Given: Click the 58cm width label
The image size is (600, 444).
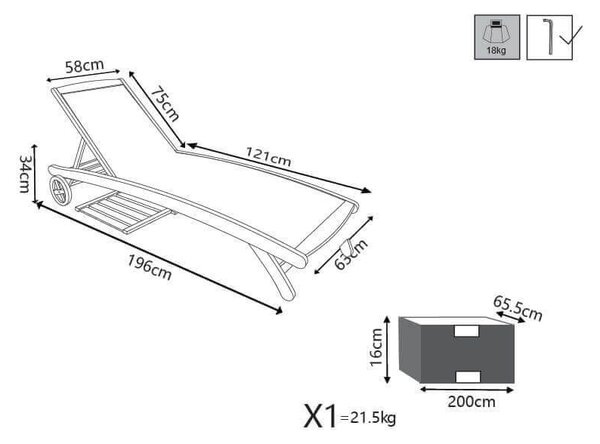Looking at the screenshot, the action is pos(84,66).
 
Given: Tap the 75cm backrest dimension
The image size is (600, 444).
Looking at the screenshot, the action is pos(165,105).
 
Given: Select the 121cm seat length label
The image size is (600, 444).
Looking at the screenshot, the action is pos(268,157).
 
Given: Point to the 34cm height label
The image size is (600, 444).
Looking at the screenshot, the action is pos(25,173).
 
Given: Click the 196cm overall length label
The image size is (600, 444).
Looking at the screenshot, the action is pos(149,268).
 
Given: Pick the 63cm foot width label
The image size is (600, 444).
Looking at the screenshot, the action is pos(351,254).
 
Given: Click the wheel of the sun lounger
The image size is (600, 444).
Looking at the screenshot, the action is pos(60,190).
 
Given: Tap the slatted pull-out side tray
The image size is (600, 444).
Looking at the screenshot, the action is pos(123,213).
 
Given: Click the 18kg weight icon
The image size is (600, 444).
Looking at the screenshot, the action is pos(497,37).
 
